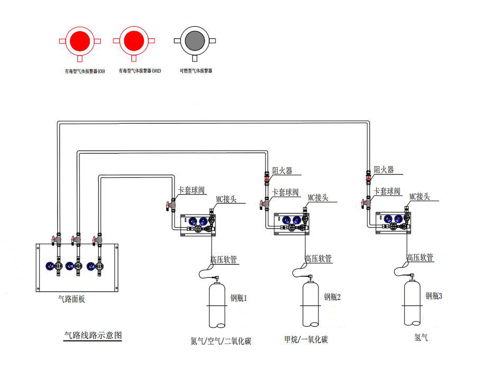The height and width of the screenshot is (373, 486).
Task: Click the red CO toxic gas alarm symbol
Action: tap(80, 41)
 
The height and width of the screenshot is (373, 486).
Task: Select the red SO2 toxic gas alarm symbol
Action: tap(134, 41)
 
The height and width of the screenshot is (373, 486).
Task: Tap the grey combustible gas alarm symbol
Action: tap(195, 41)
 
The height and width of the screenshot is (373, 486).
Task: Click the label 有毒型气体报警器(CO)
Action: tap(85, 71)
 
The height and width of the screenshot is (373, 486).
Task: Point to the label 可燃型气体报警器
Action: tap(196, 71)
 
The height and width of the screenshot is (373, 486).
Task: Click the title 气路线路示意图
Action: tap(93, 335)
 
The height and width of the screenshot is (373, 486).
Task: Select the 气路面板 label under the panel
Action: tap(72, 299)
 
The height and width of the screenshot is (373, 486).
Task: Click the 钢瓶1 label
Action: tap(238, 298)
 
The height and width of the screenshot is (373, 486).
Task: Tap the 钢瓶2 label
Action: tap(332, 297)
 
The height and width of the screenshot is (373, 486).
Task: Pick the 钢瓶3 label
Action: tap(434, 296)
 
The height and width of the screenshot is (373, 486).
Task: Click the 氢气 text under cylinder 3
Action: tap(421, 337)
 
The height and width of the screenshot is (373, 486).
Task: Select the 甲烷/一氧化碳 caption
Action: tap(306, 339)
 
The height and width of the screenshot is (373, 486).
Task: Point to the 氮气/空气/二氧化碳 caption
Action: tap(221, 341)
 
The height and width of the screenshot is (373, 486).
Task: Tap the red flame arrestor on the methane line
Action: tap(267, 179)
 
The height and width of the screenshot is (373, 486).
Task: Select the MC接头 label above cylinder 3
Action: tap(419, 196)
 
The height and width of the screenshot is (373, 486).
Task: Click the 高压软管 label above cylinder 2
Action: tap(318, 258)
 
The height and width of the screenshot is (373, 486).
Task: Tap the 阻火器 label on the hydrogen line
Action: tap(384, 169)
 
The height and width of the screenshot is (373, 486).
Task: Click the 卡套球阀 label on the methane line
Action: tap(285, 192)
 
